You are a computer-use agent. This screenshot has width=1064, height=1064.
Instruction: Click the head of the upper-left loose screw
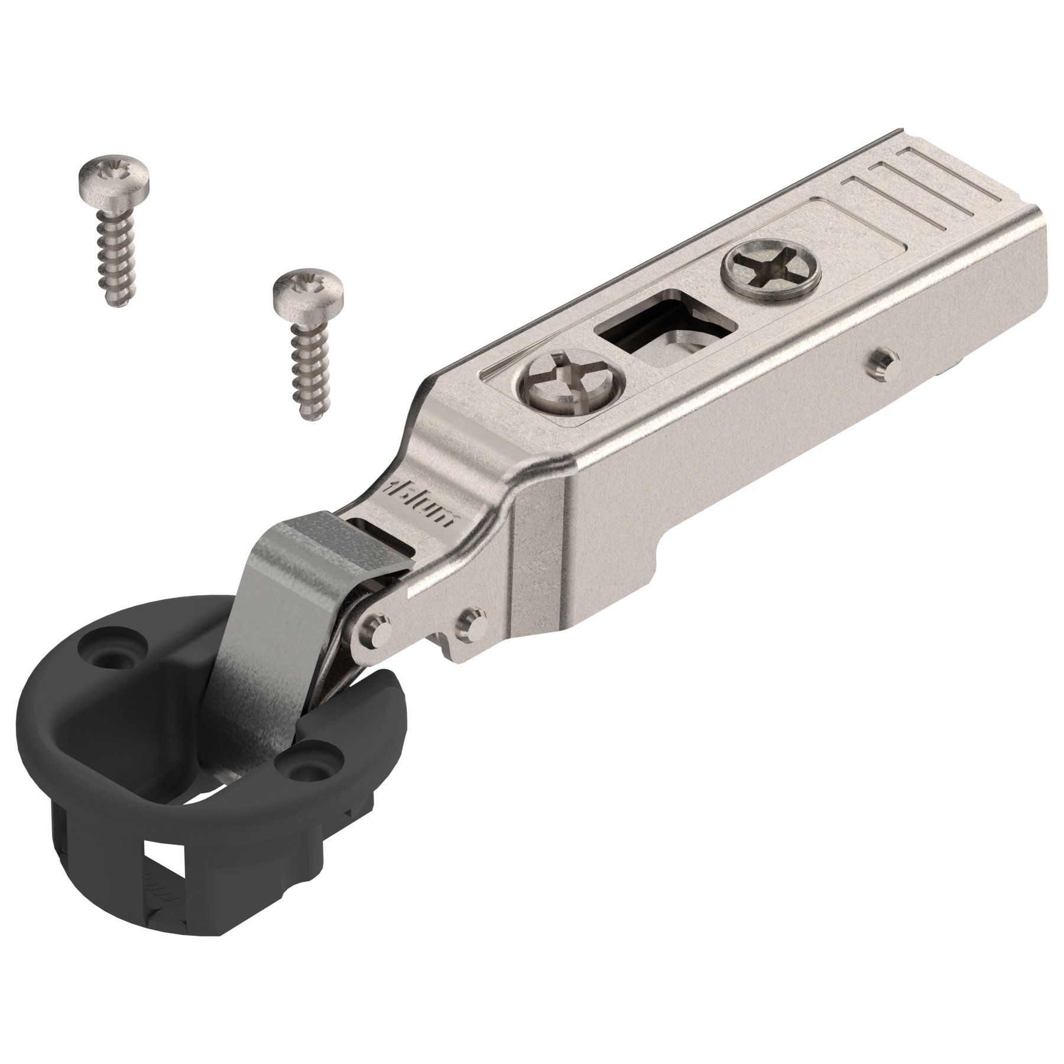(113, 179)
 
